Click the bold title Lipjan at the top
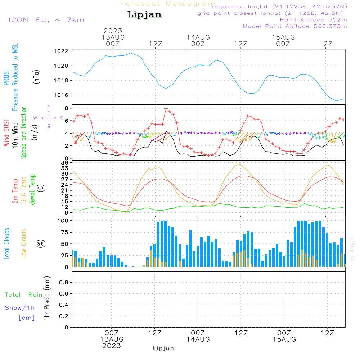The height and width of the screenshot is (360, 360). pos(144,14)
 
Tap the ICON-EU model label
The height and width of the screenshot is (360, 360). pos(46,20)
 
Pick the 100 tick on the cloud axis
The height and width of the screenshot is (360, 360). pos(63,221)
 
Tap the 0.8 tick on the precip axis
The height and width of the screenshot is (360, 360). pos(63,283)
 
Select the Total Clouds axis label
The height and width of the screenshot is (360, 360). pos(7,244)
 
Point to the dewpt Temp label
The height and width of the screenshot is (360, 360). pos(32,190)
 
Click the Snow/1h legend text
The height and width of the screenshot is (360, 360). pos(20,308)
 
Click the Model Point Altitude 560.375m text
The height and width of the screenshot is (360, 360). pos(295,26)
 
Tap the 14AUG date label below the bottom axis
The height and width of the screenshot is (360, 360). pos(198,339)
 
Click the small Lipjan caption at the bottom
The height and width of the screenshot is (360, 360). pos(163,348)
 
